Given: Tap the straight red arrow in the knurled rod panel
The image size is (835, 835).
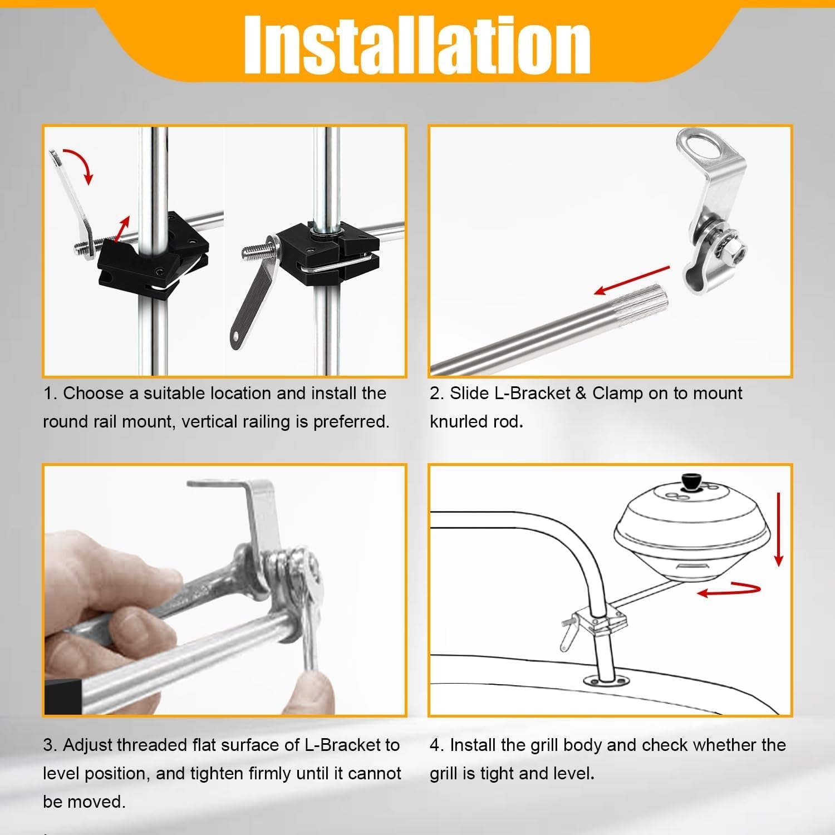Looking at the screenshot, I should pos(632,280).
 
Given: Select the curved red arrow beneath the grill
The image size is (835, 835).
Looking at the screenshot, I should pos(729,590).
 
